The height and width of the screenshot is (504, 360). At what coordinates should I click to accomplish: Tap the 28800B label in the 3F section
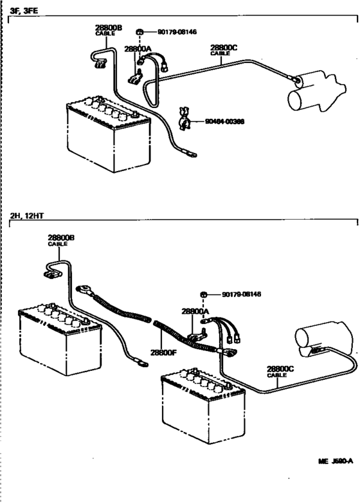108,28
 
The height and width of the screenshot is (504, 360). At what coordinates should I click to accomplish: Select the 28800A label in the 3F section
138,49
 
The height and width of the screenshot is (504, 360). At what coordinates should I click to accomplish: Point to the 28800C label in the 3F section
223,48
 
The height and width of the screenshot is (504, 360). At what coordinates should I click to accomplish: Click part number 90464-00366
225,121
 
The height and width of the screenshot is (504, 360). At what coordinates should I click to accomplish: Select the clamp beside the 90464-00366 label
183,119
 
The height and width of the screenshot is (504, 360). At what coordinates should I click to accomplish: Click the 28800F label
163,352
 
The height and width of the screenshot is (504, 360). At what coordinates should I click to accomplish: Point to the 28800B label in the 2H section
61,238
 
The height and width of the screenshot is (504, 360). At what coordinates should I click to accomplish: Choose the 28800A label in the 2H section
195,311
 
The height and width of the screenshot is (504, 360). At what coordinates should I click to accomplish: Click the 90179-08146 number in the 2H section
242,294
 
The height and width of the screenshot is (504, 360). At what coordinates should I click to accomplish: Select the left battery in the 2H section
59,337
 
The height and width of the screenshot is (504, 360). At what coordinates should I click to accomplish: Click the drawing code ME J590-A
337,480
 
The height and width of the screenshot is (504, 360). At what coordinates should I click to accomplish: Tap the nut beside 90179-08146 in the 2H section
204,294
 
